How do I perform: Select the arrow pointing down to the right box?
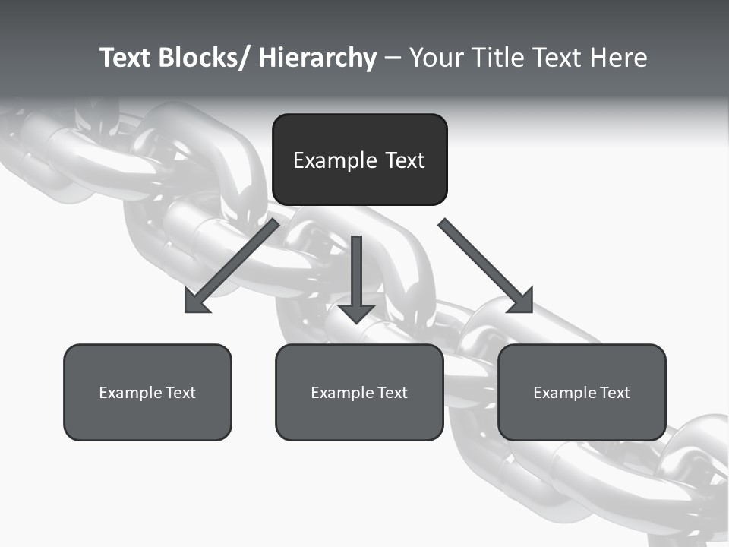coord(486,266)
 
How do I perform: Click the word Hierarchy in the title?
coord(317,58)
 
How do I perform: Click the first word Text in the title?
coord(125,58)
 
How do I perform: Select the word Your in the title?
coord(437,58)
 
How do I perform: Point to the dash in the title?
coord(393,58)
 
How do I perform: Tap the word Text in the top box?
coord(404,160)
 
